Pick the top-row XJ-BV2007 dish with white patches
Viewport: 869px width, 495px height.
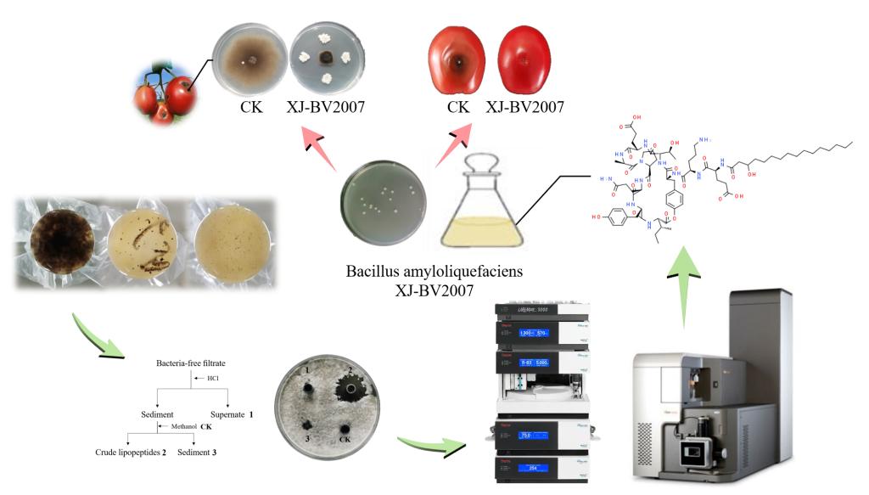pos(323,59)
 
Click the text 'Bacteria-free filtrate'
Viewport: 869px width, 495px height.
pos(191,363)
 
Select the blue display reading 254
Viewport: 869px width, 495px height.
pos(533,467)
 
